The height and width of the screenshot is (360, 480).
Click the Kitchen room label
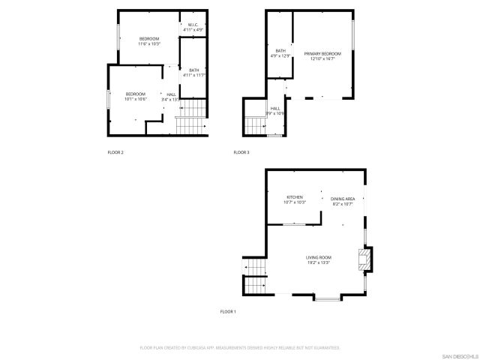point(295,199)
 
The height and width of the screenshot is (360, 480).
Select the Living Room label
point(319,259)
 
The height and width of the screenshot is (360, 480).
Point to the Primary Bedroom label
point(322,56)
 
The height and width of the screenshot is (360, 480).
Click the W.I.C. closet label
point(193,28)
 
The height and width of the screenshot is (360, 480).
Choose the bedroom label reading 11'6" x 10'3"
point(149,41)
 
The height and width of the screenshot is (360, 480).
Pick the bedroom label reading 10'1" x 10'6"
point(136,96)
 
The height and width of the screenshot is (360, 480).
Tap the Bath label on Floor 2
point(193,73)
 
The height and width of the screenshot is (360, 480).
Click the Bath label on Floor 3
point(280,53)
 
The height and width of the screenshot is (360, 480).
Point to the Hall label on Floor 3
point(276,111)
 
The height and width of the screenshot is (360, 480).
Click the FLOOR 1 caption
point(228,311)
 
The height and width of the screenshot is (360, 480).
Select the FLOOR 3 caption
point(241,152)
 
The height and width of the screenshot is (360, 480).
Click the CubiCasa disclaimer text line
point(240,348)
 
